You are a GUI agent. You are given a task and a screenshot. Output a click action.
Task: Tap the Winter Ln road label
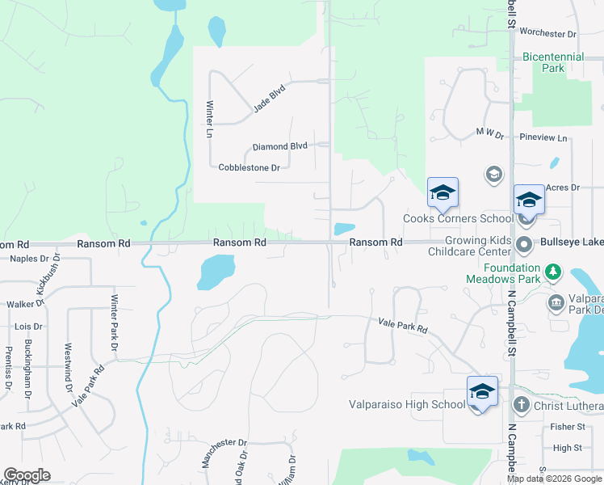click(210, 118)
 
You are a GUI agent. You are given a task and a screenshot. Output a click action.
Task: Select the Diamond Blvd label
click(279, 146)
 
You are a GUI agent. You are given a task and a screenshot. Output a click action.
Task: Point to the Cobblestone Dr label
click(249, 167)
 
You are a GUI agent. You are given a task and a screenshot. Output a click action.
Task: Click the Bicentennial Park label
click(553, 63)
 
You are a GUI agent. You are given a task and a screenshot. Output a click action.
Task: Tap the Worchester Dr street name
click(547, 34)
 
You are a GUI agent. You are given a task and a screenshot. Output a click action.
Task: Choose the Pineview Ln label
click(545, 138)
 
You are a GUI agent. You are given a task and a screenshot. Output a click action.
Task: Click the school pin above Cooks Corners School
click(443, 193)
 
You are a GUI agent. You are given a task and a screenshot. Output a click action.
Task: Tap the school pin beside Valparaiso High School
click(482, 392)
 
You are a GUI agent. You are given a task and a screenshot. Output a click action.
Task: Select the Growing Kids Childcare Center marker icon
click(524, 243)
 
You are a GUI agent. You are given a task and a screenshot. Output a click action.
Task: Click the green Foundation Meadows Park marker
click(553, 271)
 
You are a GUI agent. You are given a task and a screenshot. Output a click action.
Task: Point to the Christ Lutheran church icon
click(522, 404)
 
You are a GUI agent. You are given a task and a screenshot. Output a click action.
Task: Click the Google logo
click(27, 475)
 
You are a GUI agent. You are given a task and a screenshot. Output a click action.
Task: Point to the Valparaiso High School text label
click(406, 404)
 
